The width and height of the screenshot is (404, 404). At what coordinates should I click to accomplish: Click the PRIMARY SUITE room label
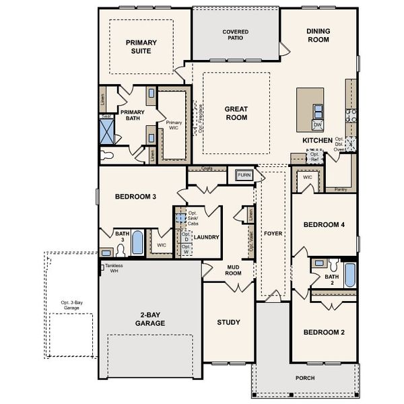coord(141,46)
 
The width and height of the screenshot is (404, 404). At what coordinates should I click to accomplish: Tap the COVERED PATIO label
coord(236,35)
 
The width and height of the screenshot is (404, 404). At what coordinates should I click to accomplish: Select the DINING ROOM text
coord(318,35)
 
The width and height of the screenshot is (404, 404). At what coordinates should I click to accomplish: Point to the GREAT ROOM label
coord(236,113)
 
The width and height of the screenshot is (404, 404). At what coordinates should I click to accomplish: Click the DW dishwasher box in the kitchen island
coord(318,125)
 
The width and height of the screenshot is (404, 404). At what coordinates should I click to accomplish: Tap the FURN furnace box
coord(243,176)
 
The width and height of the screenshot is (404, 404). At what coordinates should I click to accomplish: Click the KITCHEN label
coord(317,140)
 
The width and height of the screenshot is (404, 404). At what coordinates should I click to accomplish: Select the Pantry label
coord(340,190)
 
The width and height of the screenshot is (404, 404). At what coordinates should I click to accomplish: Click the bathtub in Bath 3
coord(137,242)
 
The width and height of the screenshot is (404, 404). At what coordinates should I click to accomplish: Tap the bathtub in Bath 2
coord(349,275)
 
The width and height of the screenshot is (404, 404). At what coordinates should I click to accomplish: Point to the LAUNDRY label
coord(206,237)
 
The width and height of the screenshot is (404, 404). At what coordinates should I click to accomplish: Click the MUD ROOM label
coord(234,270)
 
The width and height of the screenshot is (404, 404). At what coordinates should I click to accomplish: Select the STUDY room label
coord(228,323)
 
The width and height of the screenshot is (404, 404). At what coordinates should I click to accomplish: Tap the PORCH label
coord(305,378)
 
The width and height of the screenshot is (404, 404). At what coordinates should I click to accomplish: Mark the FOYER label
coord(273,234)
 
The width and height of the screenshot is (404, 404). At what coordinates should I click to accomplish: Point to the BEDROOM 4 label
coord(324,224)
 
